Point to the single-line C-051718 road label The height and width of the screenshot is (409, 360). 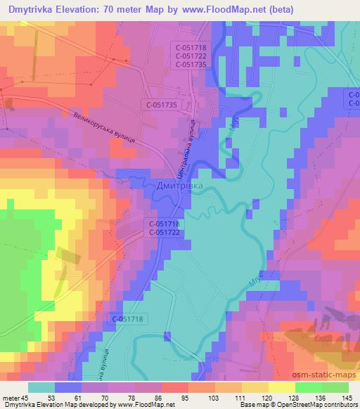click(x=127, y=319)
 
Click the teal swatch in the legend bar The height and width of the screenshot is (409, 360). click(x=41, y=387)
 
